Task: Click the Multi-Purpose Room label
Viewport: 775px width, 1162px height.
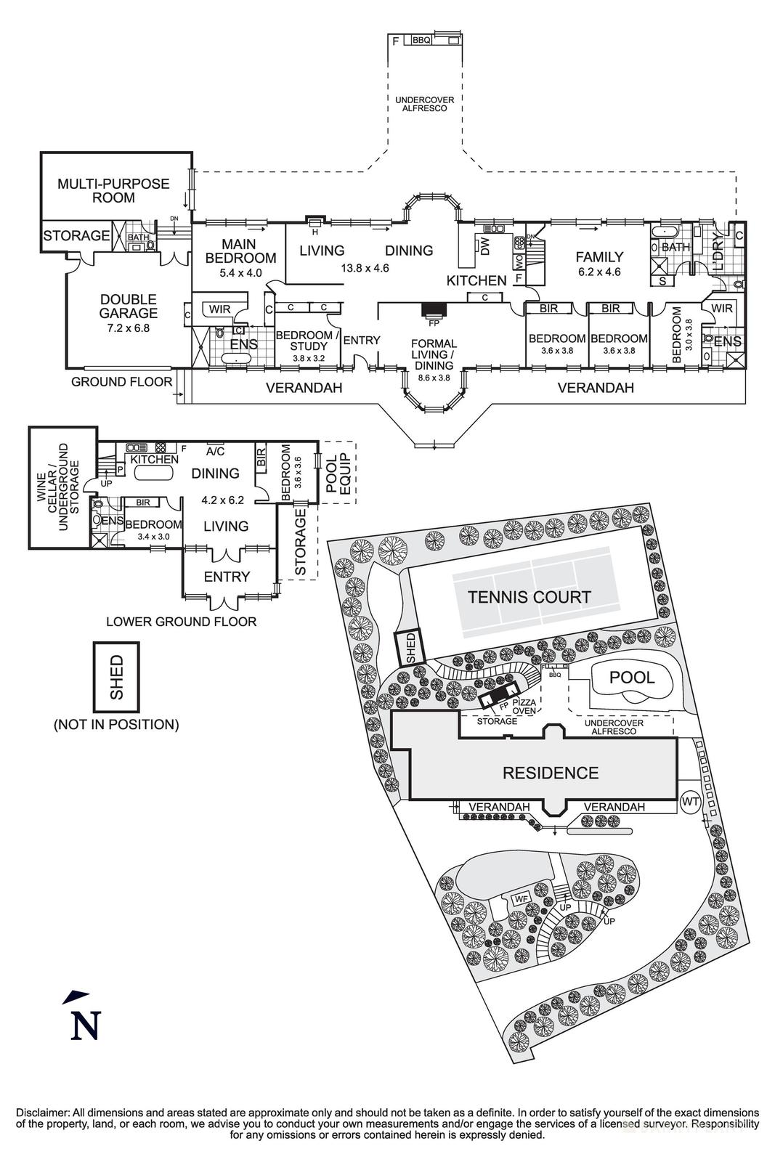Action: (113, 190)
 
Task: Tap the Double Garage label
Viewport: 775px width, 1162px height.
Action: (128, 306)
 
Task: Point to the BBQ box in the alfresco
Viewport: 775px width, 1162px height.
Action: (421, 41)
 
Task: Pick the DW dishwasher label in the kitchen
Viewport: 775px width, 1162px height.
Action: (486, 248)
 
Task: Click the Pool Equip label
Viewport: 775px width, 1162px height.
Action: (337, 473)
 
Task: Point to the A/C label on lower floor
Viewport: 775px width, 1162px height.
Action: (216, 451)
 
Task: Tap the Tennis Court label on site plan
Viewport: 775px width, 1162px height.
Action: (529, 597)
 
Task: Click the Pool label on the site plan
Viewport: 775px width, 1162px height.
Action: (631, 677)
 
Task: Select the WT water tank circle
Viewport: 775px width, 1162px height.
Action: (690, 803)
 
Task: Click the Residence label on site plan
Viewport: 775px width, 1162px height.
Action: (550, 773)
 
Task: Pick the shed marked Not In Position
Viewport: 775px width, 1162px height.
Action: (116, 677)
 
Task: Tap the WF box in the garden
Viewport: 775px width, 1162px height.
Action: (519, 899)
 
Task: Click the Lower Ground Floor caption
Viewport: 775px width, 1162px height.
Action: (181, 622)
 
